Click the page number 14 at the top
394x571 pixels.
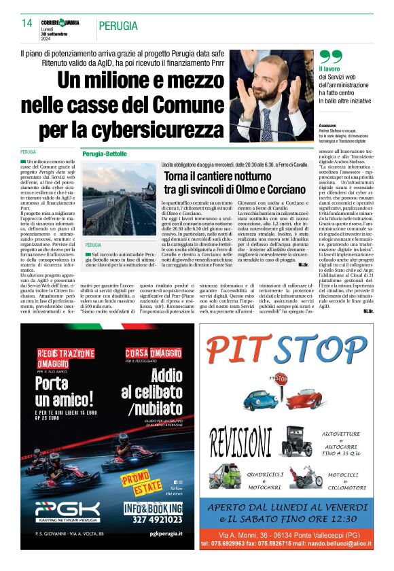(27, 24)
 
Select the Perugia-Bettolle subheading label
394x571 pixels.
(103, 154)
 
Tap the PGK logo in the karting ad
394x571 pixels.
(67, 511)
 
